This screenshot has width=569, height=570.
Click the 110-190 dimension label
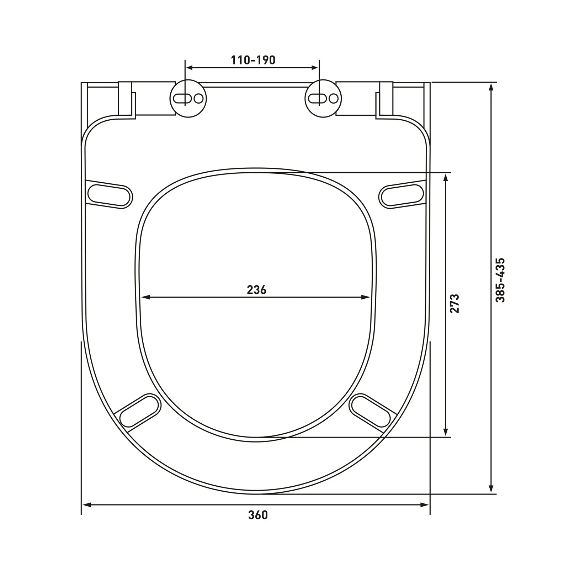pos(253,60)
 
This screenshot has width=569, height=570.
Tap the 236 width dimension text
pos(256,290)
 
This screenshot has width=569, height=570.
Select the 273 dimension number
pos(455,304)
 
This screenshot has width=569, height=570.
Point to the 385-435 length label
pos(500,280)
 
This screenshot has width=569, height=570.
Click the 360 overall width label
pos(258,515)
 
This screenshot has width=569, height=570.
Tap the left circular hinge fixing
pos(188,98)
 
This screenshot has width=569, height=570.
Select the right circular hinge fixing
pos(323,98)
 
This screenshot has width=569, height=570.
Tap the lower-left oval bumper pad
pos(139,411)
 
